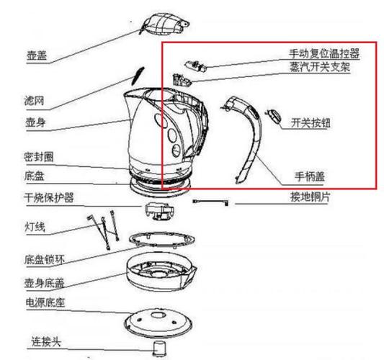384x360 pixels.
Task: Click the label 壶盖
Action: tap(37, 55)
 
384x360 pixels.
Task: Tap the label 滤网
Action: tap(34, 101)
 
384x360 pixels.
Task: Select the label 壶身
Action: tap(35, 122)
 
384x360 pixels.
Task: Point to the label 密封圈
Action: tap(39, 157)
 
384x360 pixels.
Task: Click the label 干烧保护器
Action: tap(49, 198)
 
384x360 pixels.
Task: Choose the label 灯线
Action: tap(35, 227)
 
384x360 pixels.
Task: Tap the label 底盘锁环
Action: tap(45, 260)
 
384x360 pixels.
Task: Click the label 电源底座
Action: tap(45, 302)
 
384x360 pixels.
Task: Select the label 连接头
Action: tap(46, 341)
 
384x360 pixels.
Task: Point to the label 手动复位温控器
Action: tap(324, 53)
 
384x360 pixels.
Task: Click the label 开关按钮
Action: tap(311, 123)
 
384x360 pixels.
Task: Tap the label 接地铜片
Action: tap(310, 197)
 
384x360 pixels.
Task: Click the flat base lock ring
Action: tap(162, 239)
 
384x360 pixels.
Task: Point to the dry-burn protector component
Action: tap(160, 211)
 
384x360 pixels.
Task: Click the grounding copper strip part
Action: tap(210, 202)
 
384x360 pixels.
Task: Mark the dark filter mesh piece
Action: tap(138, 76)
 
